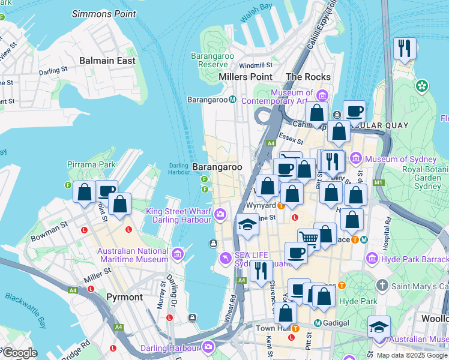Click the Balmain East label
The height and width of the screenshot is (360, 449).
[107, 61]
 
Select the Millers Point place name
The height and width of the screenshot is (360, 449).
[246, 77]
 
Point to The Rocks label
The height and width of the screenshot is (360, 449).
[309, 77]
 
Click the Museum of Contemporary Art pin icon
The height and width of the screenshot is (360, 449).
[322, 95]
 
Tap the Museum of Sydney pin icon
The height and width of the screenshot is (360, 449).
[356, 159]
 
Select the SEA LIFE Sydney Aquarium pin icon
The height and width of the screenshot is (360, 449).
[225, 259]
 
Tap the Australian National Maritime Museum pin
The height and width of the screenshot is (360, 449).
[177, 255]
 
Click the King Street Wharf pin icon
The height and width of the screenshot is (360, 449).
[221, 214]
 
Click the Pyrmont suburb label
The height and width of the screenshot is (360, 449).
[124, 297]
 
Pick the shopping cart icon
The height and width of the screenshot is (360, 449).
[309, 239]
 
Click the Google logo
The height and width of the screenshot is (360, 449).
[20, 353]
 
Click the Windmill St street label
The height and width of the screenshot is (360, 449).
[256, 65]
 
